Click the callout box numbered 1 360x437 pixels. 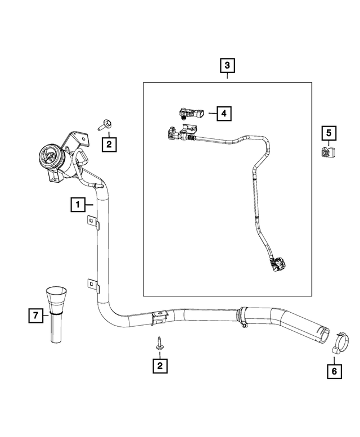point(78,204)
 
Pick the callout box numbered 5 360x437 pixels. point(328,133)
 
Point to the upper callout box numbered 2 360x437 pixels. point(109,145)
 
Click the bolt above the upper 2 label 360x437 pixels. point(105,124)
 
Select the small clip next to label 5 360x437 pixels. point(326,152)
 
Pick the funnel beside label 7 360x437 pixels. point(56,312)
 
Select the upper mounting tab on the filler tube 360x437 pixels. point(93,224)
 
